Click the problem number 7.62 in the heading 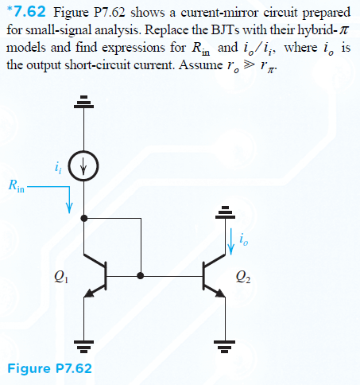pos(29,12)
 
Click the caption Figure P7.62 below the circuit pos(49,368)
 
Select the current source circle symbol pos(83,166)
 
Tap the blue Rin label pos(17,185)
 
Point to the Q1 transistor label pos(61,277)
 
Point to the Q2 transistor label pos(243,277)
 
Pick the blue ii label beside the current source pos(58,168)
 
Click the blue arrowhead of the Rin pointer pos(69,208)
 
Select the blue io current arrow pos(231,241)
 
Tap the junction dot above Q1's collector pos(84,218)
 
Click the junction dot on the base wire pos(141,276)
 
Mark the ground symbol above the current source pos(83,102)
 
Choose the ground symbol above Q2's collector pos(225,212)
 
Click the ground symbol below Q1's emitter pos(84,347)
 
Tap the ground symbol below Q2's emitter pos(225,347)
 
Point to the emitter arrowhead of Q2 pos(221,293)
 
